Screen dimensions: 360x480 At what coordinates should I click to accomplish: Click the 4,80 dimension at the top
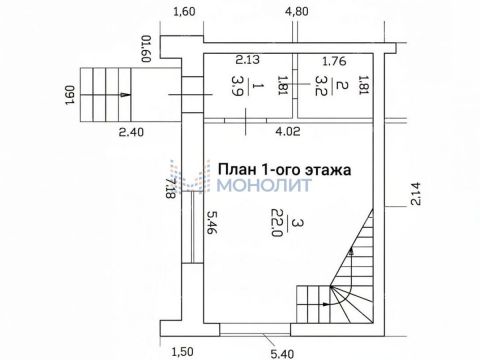pos(295,12)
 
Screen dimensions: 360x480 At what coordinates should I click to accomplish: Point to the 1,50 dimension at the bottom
pos(183,350)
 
